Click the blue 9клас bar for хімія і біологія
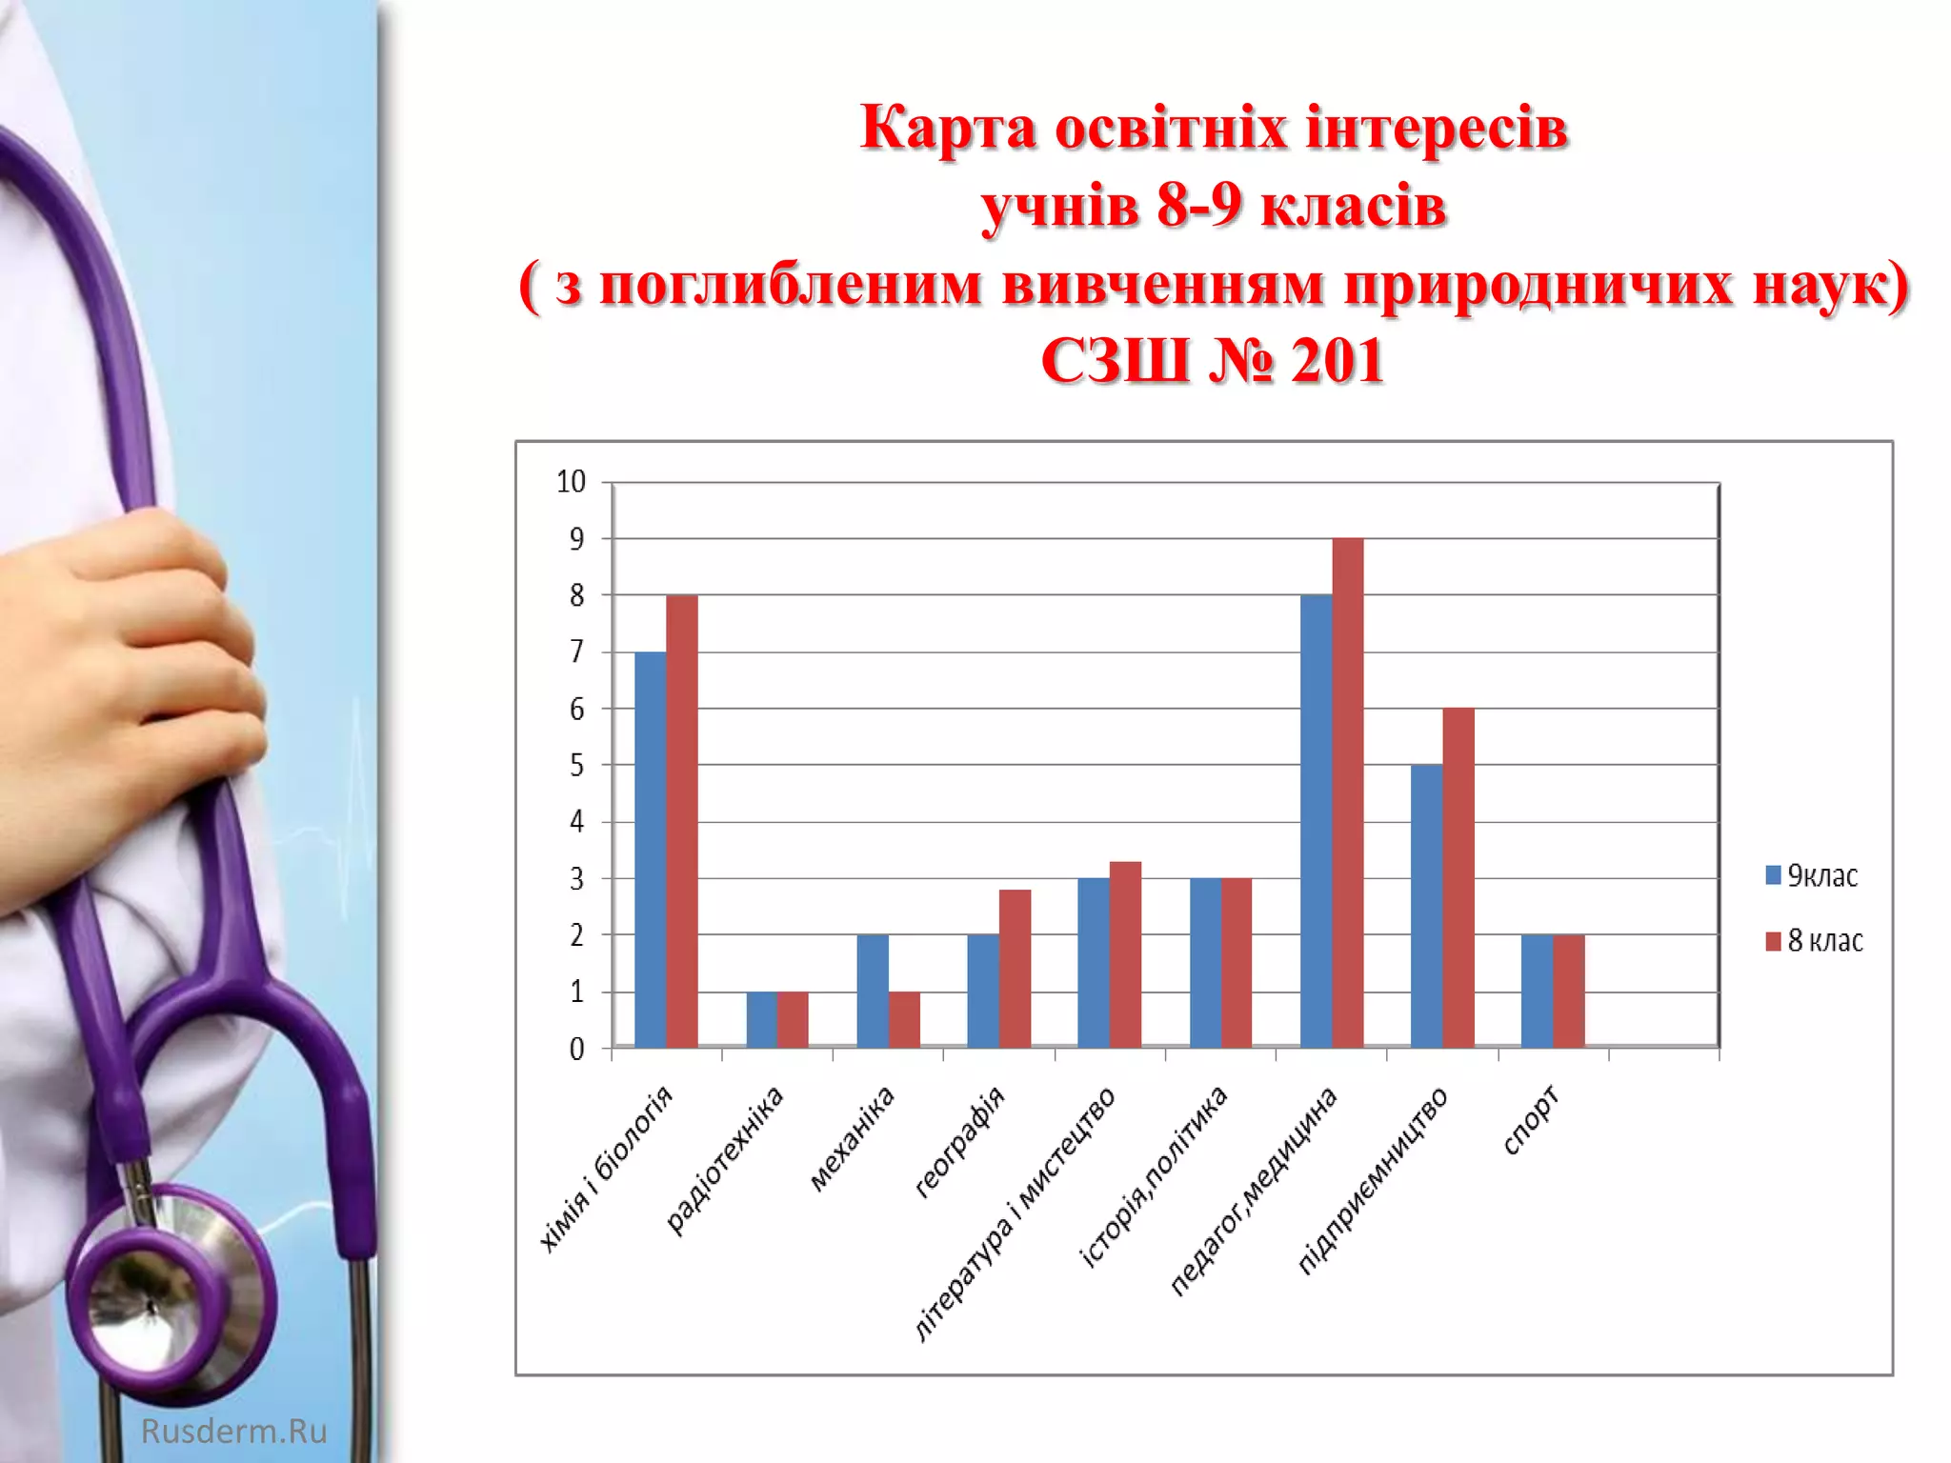(x=651, y=850)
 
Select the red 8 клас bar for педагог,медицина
(x=1347, y=792)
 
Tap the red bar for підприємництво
(x=1458, y=877)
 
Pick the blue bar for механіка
(x=873, y=991)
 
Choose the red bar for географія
(x=1015, y=968)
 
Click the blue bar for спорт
(x=1537, y=991)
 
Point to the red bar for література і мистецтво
(x=1125, y=954)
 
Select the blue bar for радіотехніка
(x=761, y=1019)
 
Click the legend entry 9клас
(x=1812, y=875)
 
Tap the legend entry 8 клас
(x=1815, y=941)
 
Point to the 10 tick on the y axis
(x=571, y=482)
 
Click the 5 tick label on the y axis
(x=576, y=765)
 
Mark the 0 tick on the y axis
(x=576, y=1049)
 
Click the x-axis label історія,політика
(x=1154, y=1175)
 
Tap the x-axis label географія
(x=959, y=1140)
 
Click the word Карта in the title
(x=947, y=128)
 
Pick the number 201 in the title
(x=1336, y=362)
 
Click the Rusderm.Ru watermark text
(x=233, y=1431)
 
